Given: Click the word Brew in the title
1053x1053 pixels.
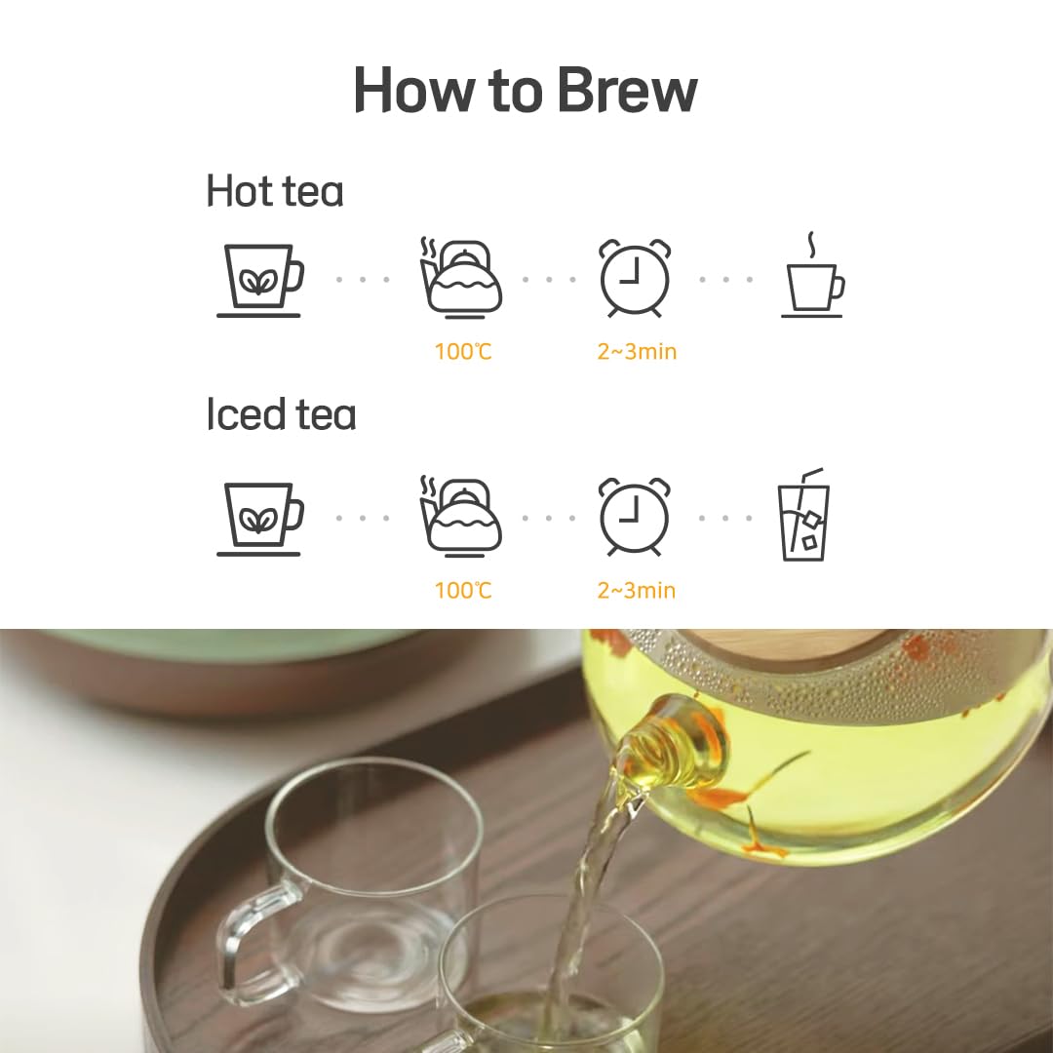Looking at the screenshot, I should click(627, 91).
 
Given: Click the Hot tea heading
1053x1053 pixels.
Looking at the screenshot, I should click(274, 191).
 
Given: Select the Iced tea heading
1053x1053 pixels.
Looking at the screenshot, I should click(281, 414).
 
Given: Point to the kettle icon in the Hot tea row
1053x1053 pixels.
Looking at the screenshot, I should click(460, 277).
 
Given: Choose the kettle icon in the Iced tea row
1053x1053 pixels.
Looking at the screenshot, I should click(460, 517).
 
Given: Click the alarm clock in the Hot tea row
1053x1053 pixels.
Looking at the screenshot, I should click(635, 277).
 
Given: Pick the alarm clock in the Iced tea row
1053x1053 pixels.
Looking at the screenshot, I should click(635, 517).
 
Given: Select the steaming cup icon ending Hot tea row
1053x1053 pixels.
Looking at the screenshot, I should click(812, 278).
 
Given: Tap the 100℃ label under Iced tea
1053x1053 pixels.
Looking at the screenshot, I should click(463, 591).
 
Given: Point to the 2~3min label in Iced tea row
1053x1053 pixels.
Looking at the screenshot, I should click(637, 591).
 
